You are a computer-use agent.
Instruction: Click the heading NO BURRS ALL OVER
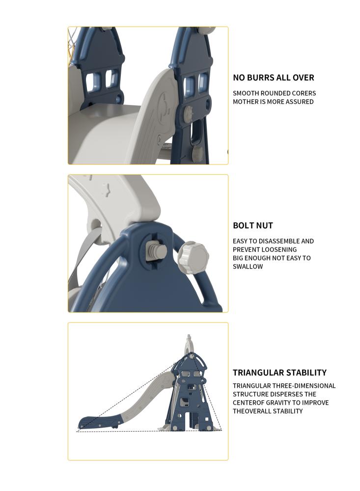pos(273,78)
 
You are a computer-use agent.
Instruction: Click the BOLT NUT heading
pos(252,225)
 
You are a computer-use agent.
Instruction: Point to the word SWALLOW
pos(248,267)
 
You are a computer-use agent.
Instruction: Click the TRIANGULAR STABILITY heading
pos(279,373)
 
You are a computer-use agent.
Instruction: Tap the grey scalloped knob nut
pos(191,257)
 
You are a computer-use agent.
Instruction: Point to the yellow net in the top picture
pos(73,47)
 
